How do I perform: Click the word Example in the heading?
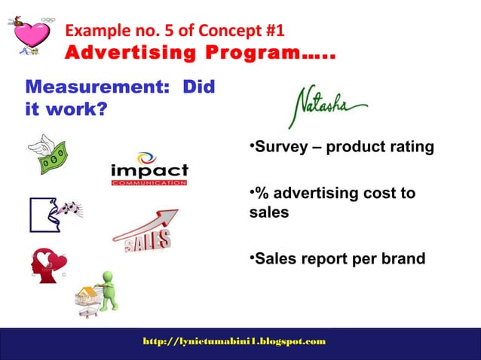93,32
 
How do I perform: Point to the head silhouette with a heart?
47,265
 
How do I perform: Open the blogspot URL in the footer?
234,341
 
